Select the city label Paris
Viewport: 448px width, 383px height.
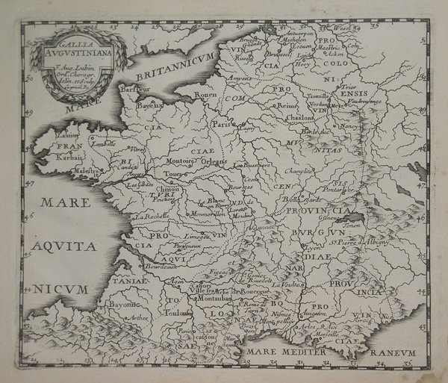(x=220, y=125)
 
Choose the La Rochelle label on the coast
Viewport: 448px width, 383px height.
(x=146, y=217)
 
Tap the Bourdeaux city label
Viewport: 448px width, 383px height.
(x=149, y=264)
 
